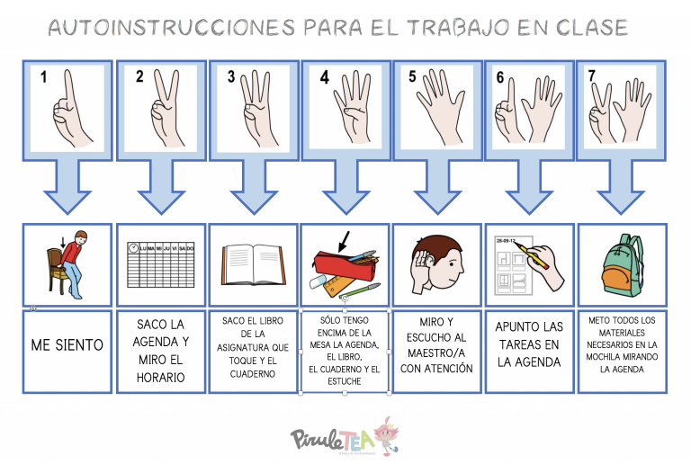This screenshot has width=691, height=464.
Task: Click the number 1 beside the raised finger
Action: [x=41, y=77]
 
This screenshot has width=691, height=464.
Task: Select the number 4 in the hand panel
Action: [x=324, y=77]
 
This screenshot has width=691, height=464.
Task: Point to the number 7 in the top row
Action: [x=592, y=77]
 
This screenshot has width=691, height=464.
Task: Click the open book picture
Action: [x=253, y=265]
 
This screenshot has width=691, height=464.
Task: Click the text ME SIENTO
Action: [x=67, y=344]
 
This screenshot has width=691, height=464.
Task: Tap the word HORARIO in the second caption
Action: [x=161, y=377]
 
